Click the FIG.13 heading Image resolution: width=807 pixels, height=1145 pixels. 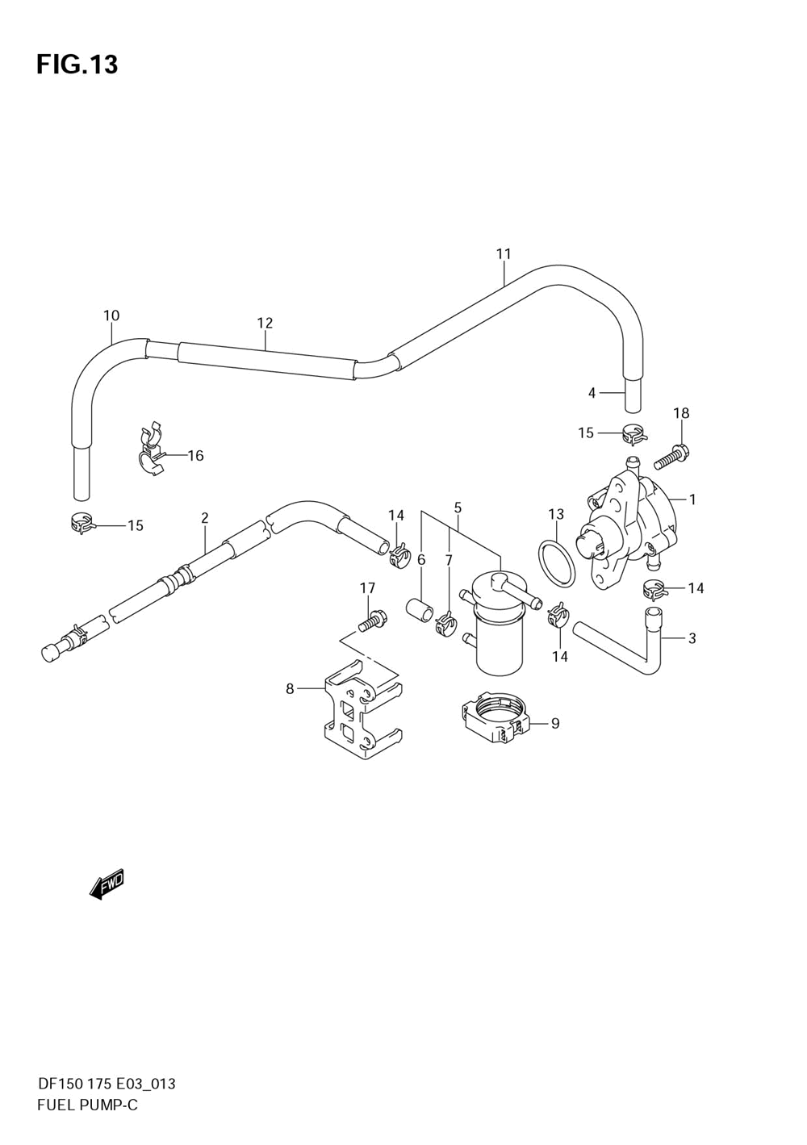pos(77,65)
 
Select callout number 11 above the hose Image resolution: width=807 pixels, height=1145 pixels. pos(504,254)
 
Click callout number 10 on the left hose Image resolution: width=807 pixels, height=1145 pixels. pos(111,316)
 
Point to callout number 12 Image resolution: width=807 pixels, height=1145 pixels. pos(265,323)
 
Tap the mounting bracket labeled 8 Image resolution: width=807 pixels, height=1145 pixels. pos(362,716)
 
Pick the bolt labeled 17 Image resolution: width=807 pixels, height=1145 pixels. pos(373,621)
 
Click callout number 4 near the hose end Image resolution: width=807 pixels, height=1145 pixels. pos(592,393)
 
